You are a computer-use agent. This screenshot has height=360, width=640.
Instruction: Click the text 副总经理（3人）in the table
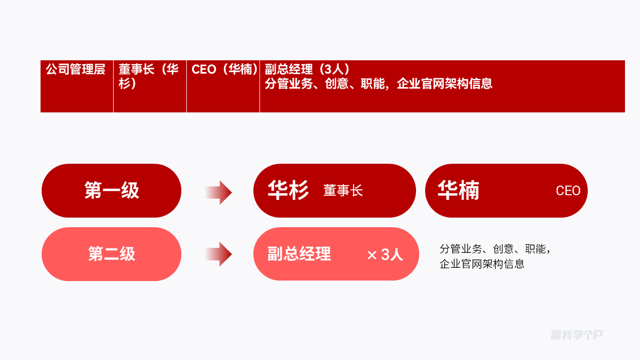point(307,69)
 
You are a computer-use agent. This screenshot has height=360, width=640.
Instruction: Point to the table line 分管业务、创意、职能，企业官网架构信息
point(379,84)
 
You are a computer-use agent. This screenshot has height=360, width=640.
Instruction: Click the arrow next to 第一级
point(219,192)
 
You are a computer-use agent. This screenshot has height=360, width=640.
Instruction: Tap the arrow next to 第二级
point(219,254)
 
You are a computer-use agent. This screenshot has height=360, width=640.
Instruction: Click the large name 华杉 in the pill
point(288,190)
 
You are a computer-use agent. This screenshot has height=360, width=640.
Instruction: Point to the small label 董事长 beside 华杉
point(343,191)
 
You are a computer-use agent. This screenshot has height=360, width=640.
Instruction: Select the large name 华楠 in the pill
point(458,190)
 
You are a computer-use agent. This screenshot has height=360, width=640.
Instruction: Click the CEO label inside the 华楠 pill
point(568,191)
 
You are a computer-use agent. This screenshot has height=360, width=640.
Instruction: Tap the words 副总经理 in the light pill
point(299,254)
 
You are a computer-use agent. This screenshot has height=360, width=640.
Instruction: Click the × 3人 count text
point(385,255)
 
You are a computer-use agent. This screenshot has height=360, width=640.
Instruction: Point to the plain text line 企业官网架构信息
point(482,263)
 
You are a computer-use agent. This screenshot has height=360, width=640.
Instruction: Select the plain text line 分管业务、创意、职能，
point(495,249)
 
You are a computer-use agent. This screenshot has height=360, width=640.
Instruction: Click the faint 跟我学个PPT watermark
point(577,335)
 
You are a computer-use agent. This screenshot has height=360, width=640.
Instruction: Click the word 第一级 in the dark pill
point(111,190)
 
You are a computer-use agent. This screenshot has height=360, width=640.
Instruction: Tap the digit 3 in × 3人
point(386,255)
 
